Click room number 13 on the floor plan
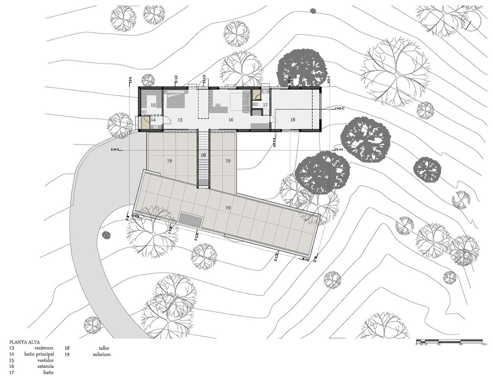point(180,120)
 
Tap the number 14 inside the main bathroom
point(153,120)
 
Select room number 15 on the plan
point(153,105)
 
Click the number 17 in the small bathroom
point(265,105)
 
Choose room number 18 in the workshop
point(293,120)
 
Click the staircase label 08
point(203,155)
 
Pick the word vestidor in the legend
point(46,360)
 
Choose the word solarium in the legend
point(101,354)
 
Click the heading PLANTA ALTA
point(25,342)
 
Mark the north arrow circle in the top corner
point(471,20)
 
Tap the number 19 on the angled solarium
point(228,208)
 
